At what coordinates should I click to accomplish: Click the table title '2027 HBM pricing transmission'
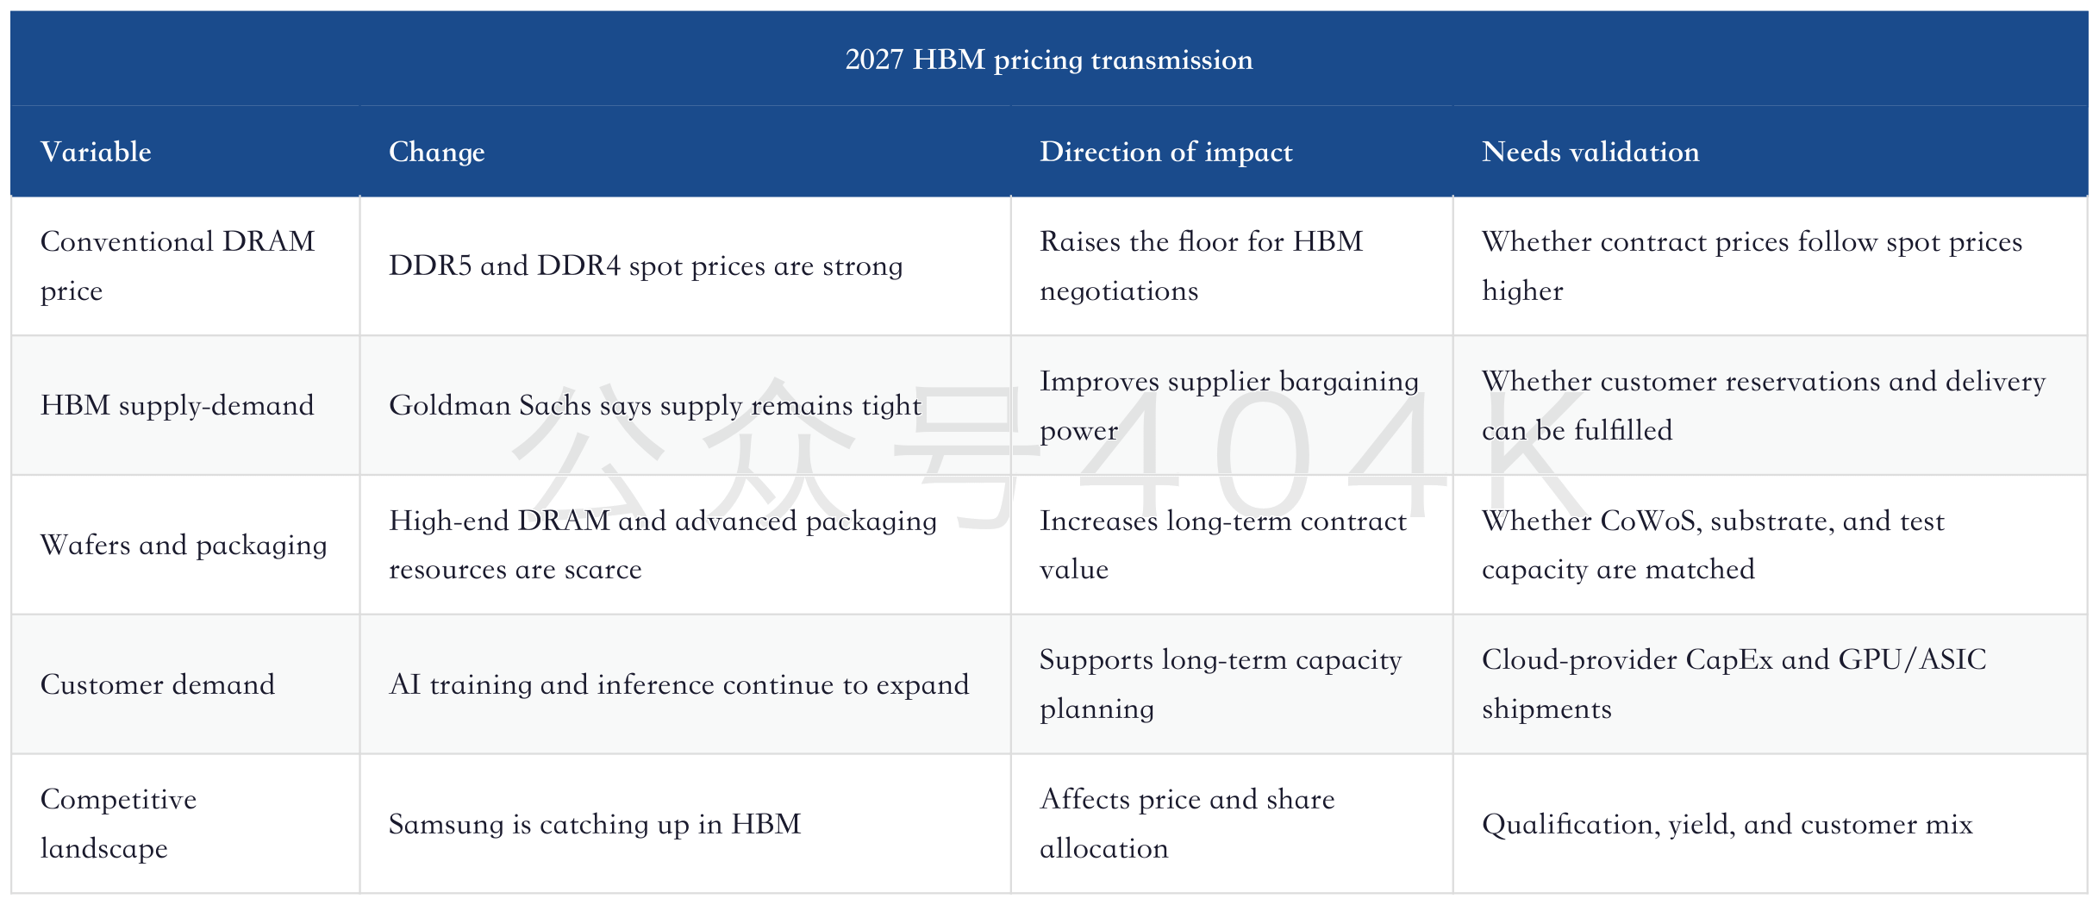tap(1049, 59)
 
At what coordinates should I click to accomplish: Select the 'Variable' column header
tap(96, 152)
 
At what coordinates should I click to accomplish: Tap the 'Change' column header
tap(437, 152)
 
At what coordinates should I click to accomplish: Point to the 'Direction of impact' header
tap(1166, 152)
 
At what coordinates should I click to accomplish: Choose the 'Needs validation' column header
tap(1590, 152)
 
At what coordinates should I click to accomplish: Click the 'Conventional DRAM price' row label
tap(178, 265)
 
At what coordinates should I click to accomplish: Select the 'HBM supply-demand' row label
tap(178, 405)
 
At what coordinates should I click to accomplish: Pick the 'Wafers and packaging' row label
tap(184, 545)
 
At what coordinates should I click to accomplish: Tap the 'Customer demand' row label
tap(158, 684)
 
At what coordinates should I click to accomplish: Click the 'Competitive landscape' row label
tap(119, 823)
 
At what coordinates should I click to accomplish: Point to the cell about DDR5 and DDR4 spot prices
tap(646, 265)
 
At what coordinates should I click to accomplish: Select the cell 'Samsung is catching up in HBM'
tap(595, 824)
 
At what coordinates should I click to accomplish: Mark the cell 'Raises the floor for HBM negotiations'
tap(1202, 265)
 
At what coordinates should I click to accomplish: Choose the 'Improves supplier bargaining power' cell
tap(1229, 405)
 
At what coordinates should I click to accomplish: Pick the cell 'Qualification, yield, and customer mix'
tap(1727, 824)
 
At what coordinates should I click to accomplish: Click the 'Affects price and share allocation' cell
tap(1187, 823)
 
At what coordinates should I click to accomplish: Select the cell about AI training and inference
tap(679, 684)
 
